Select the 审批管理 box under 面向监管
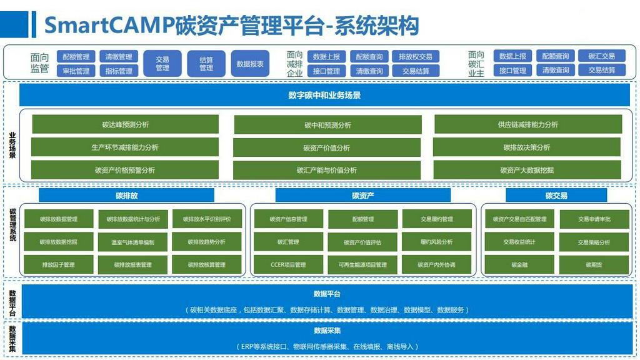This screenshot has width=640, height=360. point(76,71)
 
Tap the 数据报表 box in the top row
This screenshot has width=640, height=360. point(250,64)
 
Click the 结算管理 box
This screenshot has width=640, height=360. point(206,64)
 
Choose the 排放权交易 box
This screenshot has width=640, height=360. point(416,57)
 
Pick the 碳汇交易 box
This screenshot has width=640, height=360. point(601,56)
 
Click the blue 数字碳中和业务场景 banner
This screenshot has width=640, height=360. point(324,96)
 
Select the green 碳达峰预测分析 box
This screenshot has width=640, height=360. point(125,124)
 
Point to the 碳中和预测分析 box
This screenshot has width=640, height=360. point(327,125)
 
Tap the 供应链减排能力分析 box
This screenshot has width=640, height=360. point(527,124)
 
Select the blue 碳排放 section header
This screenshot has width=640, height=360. point(126,196)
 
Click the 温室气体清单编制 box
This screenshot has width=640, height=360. point(132,242)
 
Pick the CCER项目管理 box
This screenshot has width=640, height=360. point(288,265)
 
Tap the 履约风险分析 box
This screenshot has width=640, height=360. point(436,242)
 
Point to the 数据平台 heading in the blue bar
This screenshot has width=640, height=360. point(327,294)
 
